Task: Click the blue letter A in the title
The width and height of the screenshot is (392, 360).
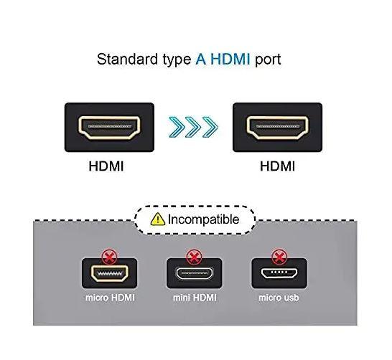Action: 200,60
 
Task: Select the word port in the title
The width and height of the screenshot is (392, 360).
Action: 267,60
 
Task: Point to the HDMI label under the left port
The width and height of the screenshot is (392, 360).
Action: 106,166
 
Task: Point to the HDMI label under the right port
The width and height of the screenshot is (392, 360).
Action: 277,166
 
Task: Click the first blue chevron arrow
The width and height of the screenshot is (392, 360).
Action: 176,128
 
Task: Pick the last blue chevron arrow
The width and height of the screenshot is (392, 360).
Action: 209,128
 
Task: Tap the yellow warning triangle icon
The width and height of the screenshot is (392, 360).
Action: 157,219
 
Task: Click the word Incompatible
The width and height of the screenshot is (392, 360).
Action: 203,219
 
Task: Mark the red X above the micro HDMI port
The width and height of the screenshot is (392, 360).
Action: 110,254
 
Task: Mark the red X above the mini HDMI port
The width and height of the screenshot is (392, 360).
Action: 194,254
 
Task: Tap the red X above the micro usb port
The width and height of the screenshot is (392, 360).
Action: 279,254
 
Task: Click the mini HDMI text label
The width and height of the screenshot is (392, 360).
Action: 194,297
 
